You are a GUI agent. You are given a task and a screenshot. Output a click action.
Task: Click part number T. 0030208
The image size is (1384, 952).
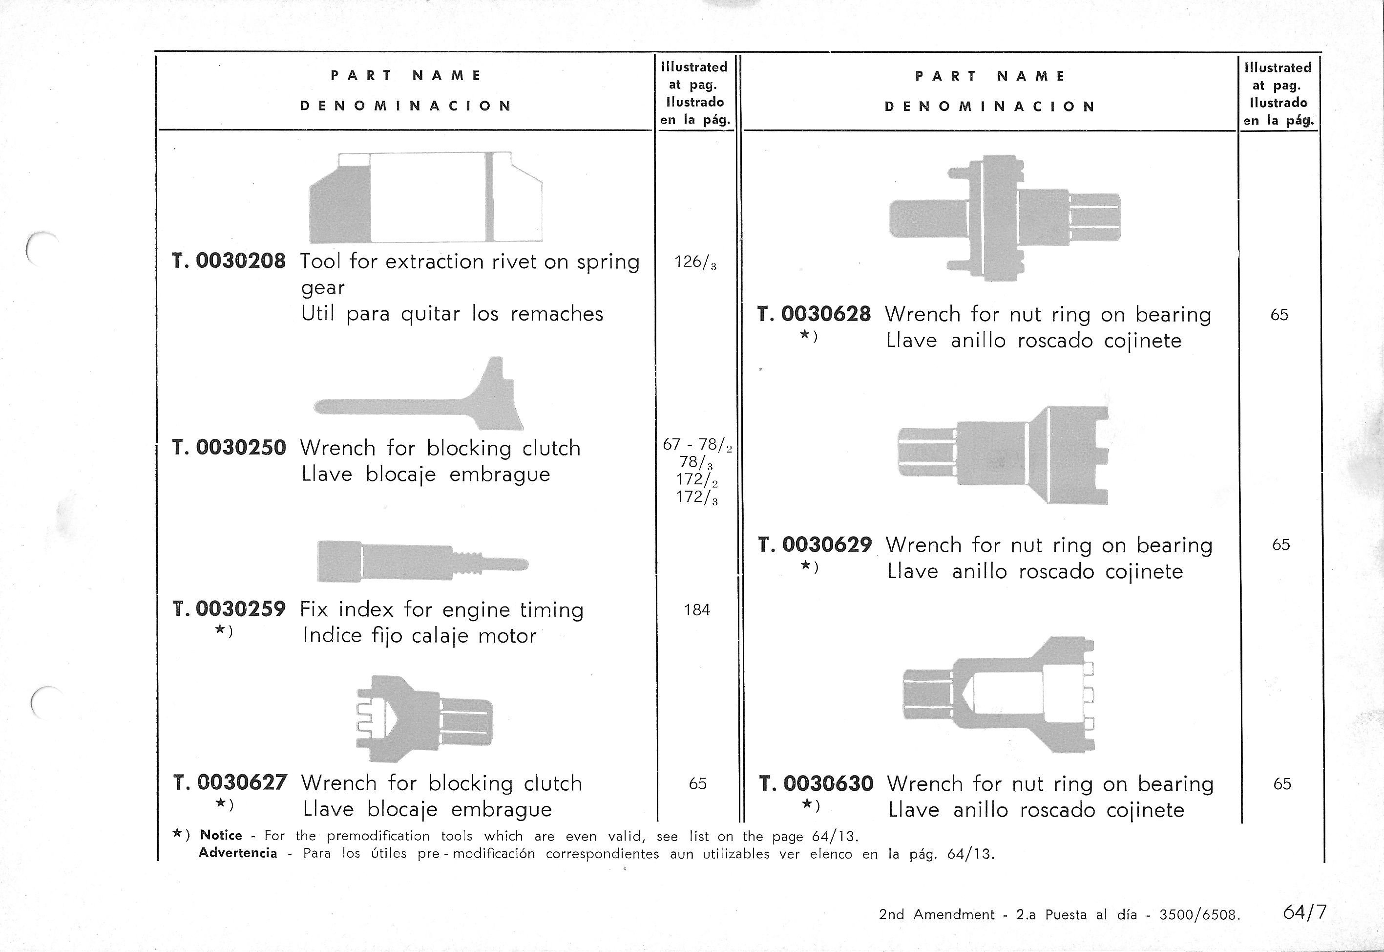click(229, 261)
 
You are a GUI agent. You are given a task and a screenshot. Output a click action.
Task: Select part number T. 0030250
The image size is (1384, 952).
click(229, 447)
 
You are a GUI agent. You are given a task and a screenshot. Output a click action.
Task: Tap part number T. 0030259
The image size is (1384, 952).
click(229, 609)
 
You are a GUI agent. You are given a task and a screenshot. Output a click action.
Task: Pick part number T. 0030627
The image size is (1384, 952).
click(230, 782)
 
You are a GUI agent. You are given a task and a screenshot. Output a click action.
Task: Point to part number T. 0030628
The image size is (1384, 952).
click(814, 314)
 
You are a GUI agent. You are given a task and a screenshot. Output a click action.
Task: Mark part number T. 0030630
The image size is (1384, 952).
click(816, 783)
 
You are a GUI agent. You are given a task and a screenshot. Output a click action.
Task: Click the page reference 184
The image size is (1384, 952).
click(697, 609)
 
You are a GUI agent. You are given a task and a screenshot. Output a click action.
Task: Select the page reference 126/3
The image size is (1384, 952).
click(695, 262)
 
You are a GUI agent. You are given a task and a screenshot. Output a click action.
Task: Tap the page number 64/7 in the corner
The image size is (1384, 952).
click(1305, 912)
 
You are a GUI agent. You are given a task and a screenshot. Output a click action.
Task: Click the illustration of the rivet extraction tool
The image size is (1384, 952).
click(425, 197)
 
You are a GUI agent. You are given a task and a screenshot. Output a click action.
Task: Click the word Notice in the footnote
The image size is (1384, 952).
click(221, 835)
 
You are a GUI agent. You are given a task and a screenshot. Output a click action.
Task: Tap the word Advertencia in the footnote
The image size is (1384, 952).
click(238, 853)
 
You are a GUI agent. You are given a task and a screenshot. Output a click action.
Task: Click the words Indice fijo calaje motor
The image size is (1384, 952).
click(419, 636)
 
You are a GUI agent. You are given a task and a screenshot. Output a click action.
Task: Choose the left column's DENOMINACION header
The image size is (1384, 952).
click(406, 106)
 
